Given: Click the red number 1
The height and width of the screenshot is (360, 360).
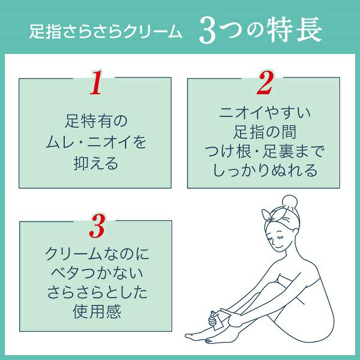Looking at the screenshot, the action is tap(96, 82).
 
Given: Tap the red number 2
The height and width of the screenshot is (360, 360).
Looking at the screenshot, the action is tap(265, 82).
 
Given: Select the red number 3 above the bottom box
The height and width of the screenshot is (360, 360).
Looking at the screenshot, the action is tap(97, 226).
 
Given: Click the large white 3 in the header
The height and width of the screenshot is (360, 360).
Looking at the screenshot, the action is tap(208, 31).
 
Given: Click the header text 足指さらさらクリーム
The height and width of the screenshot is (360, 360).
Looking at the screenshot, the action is tap(106, 31).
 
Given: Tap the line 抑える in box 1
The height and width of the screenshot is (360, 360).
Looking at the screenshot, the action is tap(96, 163).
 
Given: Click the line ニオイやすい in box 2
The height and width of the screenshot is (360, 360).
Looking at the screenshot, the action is tap(265, 113).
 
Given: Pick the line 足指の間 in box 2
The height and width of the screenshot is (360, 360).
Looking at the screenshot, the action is tap(265, 132).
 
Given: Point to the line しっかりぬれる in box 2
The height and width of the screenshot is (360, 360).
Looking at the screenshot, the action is tap(265, 171).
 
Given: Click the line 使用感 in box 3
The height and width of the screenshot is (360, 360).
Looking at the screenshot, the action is tap(97, 312).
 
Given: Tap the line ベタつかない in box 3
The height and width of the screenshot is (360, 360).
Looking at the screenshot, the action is tap(97, 273).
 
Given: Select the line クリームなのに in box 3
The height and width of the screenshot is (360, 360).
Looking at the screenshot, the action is tap(97, 254).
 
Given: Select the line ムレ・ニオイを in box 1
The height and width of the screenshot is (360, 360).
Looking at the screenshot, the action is tap(96, 142).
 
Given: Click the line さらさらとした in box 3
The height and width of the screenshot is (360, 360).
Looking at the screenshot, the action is tap(97, 293).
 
